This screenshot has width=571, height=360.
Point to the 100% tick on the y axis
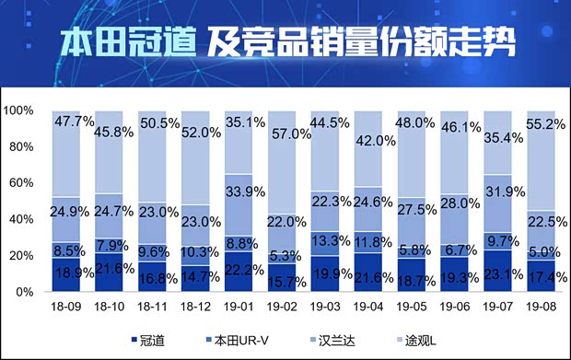click(19, 111)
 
